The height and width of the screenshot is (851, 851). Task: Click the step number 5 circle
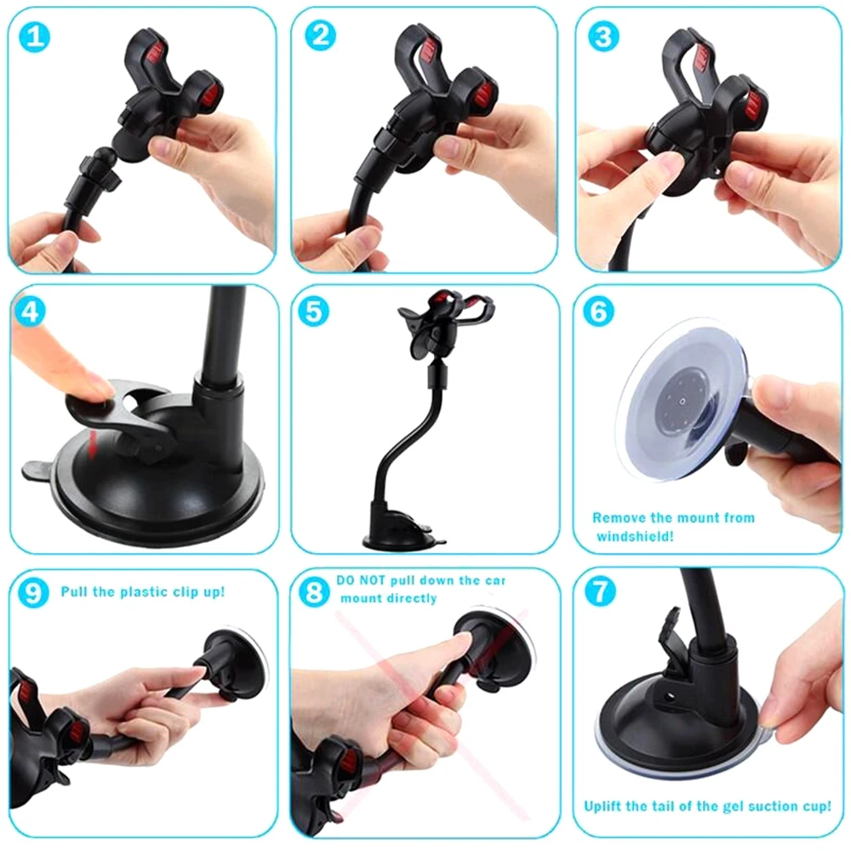(315, 311)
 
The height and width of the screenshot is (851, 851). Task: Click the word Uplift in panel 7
(604, 805)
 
